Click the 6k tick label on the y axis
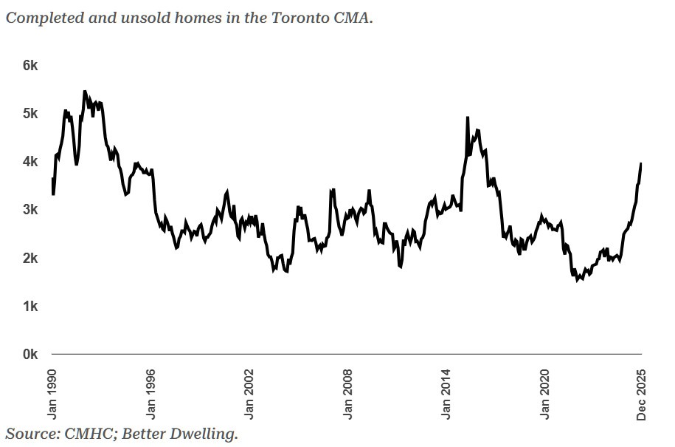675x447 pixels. [x=30, y=65]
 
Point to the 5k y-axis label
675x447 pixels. [x=30, y=113]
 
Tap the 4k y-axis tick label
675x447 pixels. [x=30, y=161]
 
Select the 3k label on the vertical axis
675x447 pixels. [x=30, y=210]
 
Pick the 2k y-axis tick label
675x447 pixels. [x=30, y=258]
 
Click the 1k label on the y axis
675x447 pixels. [x=30, y=306]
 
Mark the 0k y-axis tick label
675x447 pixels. [x=30, y=355]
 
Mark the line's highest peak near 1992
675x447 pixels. [x=84, y=92]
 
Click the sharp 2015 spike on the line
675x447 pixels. [x=468, y=117]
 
